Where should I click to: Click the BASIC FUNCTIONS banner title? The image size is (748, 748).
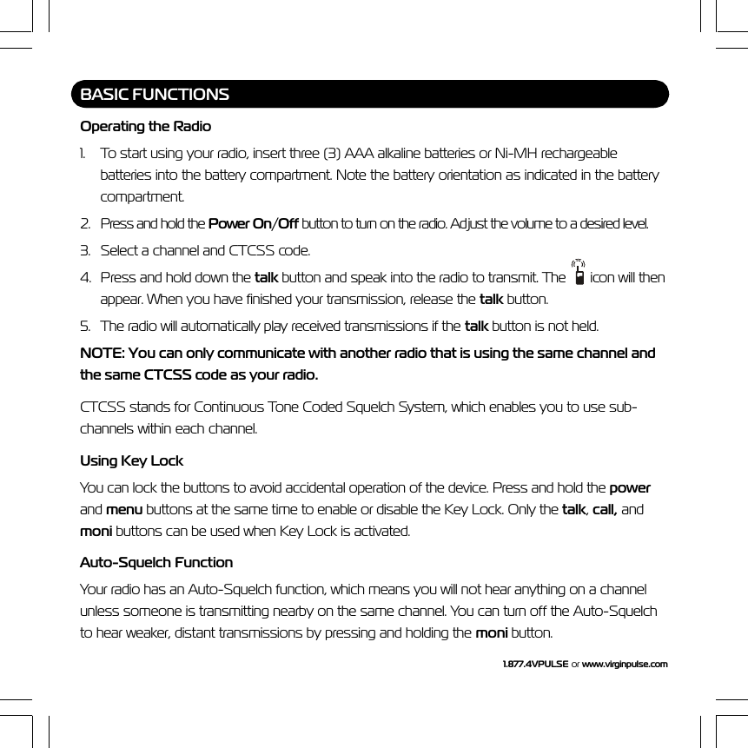(155, 94)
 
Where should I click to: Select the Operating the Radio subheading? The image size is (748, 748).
(145, 127)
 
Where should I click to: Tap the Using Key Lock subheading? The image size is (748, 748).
(131, 460)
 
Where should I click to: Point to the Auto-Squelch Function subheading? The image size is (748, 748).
(156, 562)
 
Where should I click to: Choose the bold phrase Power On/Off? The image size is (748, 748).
(255, 223)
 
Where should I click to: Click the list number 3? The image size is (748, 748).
(85, 251)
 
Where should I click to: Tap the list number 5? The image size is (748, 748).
(85, 327)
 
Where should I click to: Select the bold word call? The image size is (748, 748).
(606, 508)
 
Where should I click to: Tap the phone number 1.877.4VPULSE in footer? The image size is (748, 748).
(535, 665)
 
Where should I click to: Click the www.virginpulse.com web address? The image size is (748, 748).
(625, 665)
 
